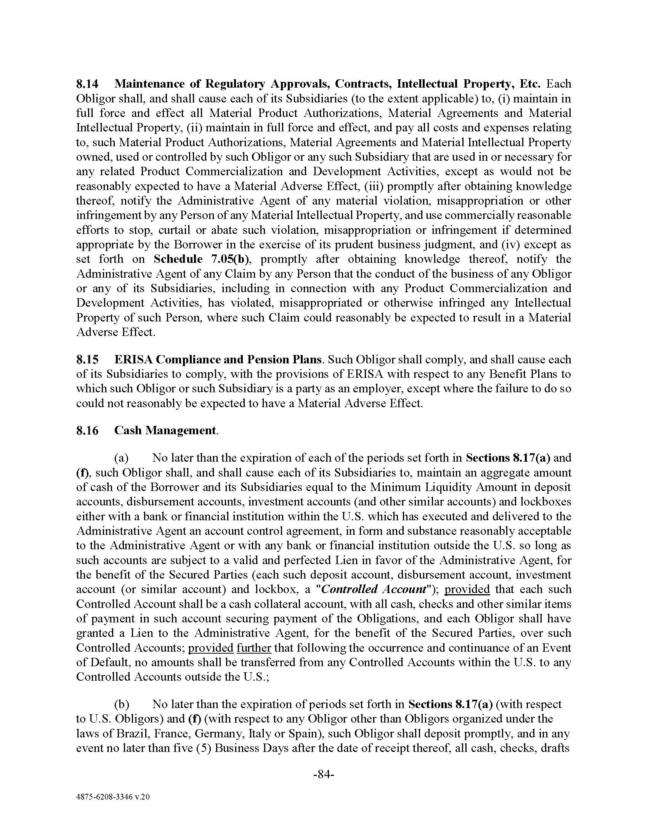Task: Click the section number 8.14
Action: pos(87,84)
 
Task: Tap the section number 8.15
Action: pos(87,360)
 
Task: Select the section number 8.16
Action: pos(87,430)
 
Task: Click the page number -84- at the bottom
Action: pos(324,775)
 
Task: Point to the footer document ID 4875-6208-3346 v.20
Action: pos(113,797)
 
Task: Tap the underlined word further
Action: pos(254,648)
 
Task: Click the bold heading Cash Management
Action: pos(165,430)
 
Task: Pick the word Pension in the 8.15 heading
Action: pos(268,360)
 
